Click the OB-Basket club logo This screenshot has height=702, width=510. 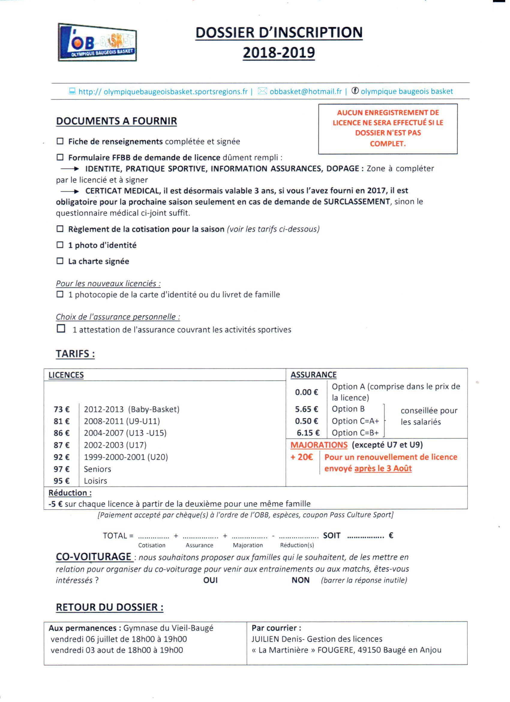click(97, 42)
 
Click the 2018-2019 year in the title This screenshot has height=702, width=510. click(279, 53)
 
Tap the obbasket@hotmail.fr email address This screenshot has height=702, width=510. click(306, 91)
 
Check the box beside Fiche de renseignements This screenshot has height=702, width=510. click(60, 141)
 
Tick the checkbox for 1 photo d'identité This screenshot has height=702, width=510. click(60, 245)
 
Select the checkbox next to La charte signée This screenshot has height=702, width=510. click(60, 261)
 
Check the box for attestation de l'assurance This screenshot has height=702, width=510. click(61, 328)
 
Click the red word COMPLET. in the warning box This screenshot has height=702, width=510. click(388, 144)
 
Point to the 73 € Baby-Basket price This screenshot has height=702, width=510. click(61, 409)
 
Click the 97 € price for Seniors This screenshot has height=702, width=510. click(61, 469)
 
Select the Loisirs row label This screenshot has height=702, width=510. click(95, 481)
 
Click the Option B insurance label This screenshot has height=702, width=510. click(348, 409)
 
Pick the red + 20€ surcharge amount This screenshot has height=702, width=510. click(301, 457)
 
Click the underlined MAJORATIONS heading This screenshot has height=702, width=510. click(319, 445)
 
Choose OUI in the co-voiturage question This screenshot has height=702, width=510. click(210, 580)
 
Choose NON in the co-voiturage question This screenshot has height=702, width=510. click(300, 580)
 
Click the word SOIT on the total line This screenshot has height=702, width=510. click(331, 535)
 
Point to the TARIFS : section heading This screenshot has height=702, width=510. click(75, 354)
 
